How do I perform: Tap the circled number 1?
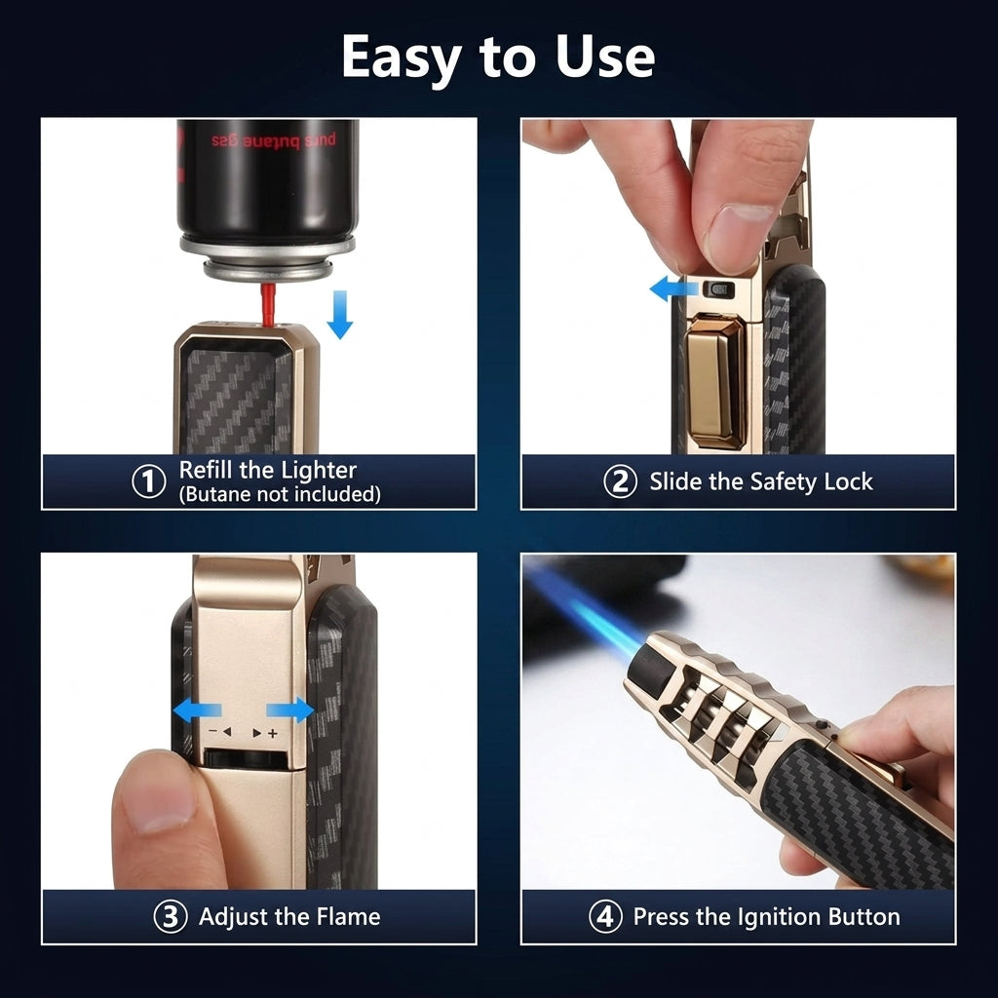pos(149,481)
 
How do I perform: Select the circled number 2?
pos(620,481)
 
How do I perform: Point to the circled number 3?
pos(171,917)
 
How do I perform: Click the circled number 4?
pos(605,917)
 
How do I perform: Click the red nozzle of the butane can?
pos(268,304)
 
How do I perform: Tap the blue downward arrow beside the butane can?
pos(340,315)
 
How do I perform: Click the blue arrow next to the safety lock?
pos(674,288)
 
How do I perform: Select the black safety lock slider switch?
pos(718,290)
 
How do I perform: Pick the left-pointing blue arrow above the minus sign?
pos(197,710)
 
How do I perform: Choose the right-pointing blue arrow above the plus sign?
pos(289,710)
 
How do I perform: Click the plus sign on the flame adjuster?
pos(273,734)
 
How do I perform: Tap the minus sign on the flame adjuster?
pos(212,733)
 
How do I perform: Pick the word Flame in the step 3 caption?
pos(348,917)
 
